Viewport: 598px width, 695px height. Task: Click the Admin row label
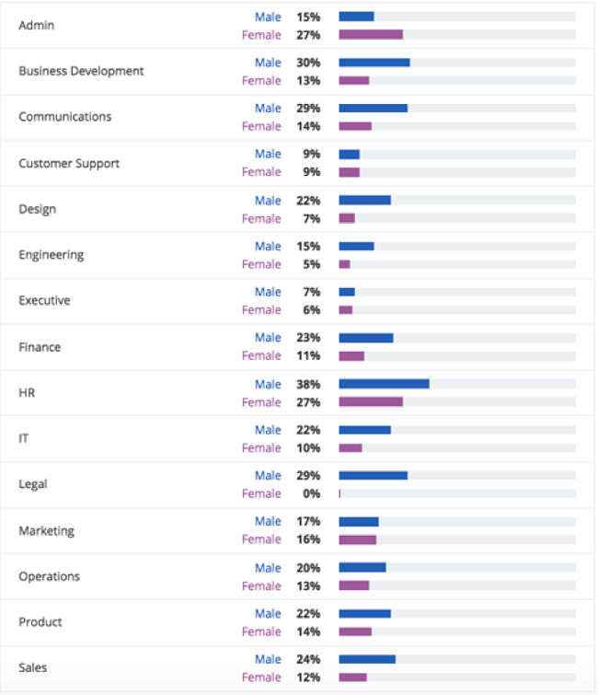tap(37, 25)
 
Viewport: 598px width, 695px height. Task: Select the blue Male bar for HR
tap(384, 384)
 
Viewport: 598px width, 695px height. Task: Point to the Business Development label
tap(81, 71)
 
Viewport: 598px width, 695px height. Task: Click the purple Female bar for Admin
tap(371, 35)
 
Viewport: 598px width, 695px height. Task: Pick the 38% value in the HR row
tap(308, 384)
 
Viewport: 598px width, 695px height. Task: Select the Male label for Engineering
tap(268, 246)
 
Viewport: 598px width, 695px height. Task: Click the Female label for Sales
tap(261, 678)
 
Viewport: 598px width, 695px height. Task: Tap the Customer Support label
tap(69, 163)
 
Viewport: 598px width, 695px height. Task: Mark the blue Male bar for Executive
tap(347, 292)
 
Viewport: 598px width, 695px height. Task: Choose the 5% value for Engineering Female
tap(311, 264)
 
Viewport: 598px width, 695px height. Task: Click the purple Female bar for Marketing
tap(358, 539)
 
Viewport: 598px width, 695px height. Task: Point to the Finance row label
tap(40, 347)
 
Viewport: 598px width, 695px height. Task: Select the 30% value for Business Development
tap(308, 63)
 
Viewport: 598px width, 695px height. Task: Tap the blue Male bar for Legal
tap(373, 476)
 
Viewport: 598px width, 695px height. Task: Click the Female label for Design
tap(261, 218)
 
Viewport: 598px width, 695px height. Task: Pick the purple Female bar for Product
tap(355, 631)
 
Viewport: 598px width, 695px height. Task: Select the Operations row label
tap(49, 576)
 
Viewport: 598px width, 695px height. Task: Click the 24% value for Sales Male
tap(308, 659)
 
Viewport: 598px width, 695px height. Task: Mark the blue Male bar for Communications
tap(373, 109)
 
